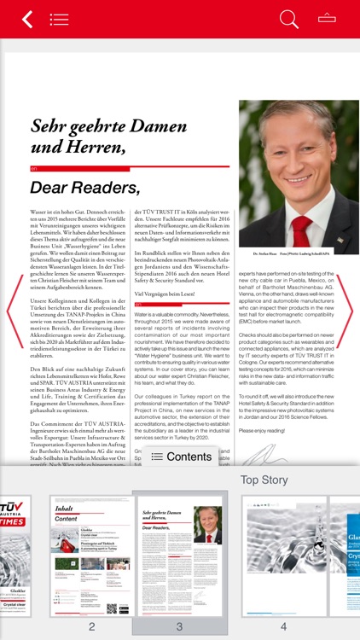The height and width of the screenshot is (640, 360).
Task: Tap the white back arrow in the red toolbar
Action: [27, 19]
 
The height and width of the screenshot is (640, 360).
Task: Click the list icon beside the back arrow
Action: [59, 19]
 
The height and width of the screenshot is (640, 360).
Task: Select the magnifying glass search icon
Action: [289, 19]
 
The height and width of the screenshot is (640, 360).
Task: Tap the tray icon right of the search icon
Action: [327, 18]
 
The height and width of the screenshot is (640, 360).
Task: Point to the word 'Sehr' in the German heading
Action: [49, 127]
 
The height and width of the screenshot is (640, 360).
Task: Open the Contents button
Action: [181, 457]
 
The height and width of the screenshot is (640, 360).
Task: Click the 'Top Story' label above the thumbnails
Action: [264, 480]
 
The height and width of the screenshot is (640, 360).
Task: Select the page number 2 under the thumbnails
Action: [91, 626]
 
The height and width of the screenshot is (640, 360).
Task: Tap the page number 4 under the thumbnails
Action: [283, 626]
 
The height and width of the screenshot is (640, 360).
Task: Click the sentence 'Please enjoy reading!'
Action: [263, 431]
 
